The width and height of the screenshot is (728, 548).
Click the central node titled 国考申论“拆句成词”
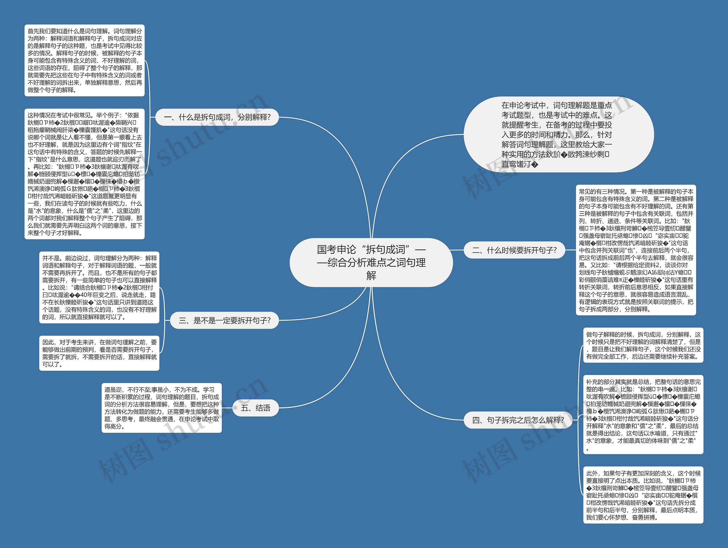tap(371, 262)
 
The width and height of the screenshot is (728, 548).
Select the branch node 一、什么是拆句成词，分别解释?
tap(217, 117)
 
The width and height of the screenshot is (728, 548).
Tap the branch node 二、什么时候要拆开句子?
tap(514, 250)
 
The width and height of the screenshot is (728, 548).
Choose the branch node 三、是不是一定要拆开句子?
tap(224, 320)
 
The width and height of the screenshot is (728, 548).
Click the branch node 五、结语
tap(255, 408)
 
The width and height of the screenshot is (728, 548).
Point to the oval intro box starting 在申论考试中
tap(558, 134)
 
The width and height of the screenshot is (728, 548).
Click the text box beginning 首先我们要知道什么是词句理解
tap(84, 61)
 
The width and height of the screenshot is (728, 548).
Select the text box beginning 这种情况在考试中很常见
tap(84, 174)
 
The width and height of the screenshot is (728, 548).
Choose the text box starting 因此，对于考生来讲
tap(100, 353)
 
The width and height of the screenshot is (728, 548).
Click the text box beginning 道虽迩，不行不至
tap(161, 408)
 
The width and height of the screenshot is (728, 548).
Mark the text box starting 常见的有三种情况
tap(636, 250)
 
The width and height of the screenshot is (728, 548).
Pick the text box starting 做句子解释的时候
tap(643, 345)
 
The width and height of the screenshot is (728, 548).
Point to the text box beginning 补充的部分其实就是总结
tap(643, 414)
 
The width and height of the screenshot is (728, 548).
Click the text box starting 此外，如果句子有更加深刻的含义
tap(643, 495)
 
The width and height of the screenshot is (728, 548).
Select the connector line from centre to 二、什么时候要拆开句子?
tap(458, 250)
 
